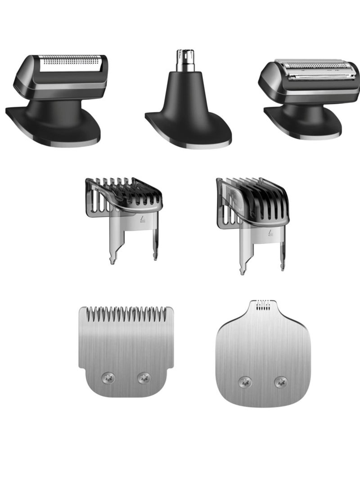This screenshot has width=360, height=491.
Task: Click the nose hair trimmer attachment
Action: coord(188,108)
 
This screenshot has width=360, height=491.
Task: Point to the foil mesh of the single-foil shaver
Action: coord(71,63)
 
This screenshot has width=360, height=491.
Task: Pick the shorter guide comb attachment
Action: coord(124,212)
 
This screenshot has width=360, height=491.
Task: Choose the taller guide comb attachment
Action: coord(252,216)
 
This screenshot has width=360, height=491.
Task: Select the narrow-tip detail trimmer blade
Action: coord(263,356)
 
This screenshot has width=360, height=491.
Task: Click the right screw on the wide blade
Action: coord(144,378)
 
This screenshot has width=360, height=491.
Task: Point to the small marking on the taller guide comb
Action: coord(270,233)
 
